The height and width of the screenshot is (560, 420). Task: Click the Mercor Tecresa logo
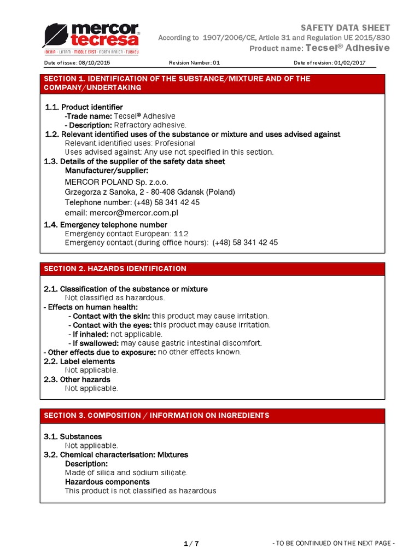[x=91, y=38]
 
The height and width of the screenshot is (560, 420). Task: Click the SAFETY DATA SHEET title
[x=346, y=28]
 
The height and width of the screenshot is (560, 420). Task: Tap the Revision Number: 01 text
[x=194, y=63]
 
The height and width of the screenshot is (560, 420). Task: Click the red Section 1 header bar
[x=212, y=83]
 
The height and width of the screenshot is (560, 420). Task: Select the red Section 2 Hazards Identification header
[x=212, y=269]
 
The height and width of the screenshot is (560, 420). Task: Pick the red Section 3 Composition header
[x=212, y=415]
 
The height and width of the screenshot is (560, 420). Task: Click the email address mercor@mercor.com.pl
[x=121, y=213]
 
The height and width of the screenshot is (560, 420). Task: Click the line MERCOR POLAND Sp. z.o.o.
[x=116, y=182]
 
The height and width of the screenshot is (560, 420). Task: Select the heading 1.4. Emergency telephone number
[x=106, y=225]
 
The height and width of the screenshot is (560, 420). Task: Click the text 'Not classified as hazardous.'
[x=115, y=297]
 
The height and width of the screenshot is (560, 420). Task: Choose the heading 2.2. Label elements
[x=79, y=361]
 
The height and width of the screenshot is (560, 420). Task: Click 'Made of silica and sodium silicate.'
[x=126, y=472]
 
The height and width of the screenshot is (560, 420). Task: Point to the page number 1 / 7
[x=191, y=543]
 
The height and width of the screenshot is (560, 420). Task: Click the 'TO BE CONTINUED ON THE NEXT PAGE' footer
[x=332, y=543]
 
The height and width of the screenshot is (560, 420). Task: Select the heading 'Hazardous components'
[x=107, y=482]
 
